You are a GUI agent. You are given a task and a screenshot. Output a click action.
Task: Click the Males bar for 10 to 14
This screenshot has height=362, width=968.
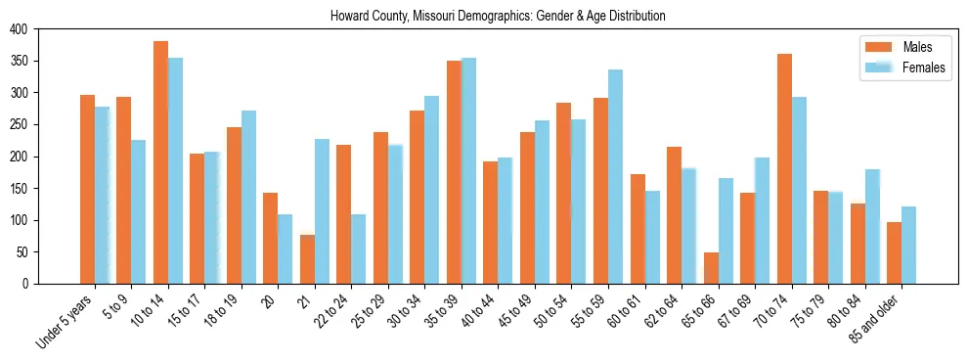coord(160,162)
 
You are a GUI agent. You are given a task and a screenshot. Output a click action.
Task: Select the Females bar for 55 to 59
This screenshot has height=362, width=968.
coord(615,177)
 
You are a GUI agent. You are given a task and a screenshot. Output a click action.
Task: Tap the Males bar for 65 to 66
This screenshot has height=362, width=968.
coord(711,268)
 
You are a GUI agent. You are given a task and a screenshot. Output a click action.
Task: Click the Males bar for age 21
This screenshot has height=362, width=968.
coord(307,259)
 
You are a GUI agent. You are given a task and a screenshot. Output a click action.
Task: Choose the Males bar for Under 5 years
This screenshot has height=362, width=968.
coord(87,190)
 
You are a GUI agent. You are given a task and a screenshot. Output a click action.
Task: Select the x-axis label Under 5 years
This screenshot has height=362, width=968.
coord(66,318)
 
